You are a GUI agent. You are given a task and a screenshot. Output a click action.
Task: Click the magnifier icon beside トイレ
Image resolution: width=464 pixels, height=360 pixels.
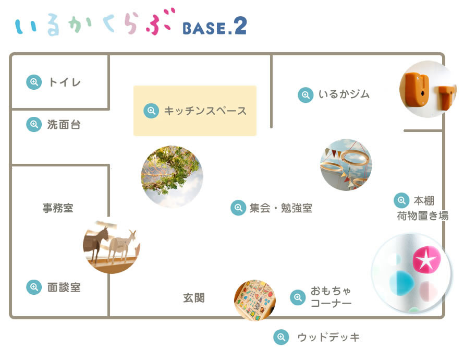click(34, 82)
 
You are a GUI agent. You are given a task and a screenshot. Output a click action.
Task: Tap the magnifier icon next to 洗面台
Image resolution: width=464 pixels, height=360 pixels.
click(34, 125)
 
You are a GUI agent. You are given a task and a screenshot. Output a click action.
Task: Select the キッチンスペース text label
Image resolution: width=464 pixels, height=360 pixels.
click(205, 111)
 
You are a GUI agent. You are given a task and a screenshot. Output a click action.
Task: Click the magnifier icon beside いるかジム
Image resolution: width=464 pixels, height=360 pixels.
click(306, 94)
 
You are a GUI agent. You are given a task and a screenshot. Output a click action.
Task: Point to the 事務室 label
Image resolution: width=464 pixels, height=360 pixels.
click(58, 208)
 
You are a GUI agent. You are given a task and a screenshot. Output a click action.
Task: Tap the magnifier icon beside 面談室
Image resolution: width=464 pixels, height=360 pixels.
click(34, 287)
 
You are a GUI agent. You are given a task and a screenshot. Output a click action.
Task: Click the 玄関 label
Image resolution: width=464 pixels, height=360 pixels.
click(193, 298)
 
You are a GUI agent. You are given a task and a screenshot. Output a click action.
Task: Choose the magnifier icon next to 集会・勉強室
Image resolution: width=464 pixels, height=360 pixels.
click(238, 208)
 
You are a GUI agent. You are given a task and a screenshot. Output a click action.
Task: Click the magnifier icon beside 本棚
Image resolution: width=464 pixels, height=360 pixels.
click(401, 200)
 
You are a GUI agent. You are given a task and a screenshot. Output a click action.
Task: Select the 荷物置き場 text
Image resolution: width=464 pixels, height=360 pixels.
click(423, 215)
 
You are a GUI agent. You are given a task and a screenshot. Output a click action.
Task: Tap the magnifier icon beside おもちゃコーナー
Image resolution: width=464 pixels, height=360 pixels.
click(298, 297)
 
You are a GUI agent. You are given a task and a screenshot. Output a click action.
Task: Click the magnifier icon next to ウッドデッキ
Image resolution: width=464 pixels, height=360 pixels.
click(281, 337)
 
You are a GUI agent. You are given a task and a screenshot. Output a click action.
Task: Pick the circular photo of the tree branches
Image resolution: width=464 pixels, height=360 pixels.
click(172, 176)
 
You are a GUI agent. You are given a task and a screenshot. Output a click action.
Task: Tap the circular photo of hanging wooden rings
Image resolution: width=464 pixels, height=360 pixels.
click(346, 165)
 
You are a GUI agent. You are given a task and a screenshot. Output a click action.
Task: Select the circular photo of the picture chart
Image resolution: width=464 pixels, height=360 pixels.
click(255, 300)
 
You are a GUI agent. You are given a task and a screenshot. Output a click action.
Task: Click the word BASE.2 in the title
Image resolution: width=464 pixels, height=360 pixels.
click(214, 27)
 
